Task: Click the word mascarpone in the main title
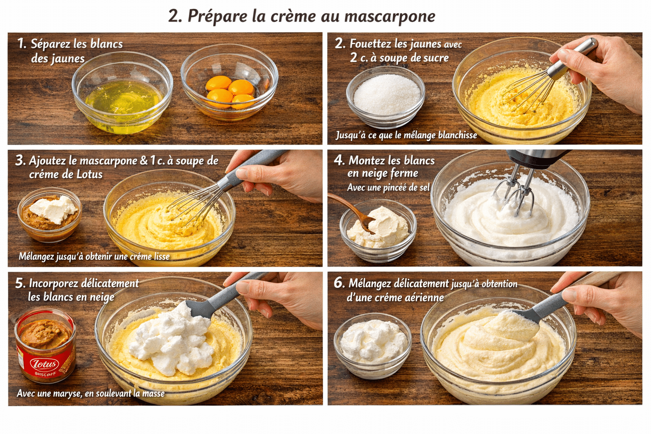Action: [389, 16]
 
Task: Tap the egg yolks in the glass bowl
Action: [230, 92]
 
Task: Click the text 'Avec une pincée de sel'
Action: [388, 187]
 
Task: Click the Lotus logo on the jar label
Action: [44, 364]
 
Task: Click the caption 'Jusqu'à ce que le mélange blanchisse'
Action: [406, 135]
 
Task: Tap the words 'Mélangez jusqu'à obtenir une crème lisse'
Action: [94, 256]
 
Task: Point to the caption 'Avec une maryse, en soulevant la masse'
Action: [91, 393]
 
